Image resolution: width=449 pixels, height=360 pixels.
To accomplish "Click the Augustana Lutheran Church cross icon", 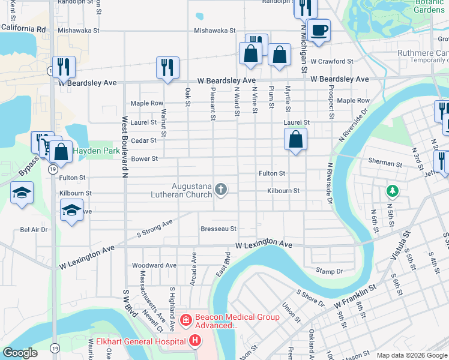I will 221,190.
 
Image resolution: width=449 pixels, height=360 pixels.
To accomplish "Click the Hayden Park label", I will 96,151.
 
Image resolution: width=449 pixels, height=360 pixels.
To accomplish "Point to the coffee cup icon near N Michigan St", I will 319,29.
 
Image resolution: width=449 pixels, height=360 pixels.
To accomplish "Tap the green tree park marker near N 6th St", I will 393,191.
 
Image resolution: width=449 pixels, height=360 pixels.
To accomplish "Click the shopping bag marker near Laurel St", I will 296,140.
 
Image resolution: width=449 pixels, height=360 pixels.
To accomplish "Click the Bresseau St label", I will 218,229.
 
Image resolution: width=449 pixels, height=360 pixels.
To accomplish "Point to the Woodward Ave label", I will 154,265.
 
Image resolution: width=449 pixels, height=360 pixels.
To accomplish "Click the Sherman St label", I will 384,163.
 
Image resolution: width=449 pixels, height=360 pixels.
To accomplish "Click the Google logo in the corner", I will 20,353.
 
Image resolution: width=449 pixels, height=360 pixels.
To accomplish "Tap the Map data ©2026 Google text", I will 412,355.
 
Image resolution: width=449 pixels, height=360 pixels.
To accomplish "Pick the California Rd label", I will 23,29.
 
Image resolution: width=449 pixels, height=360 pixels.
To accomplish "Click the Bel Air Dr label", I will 34,229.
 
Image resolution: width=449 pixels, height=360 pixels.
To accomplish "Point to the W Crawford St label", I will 332,61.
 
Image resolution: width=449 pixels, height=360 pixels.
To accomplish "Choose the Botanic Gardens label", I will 429,7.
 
